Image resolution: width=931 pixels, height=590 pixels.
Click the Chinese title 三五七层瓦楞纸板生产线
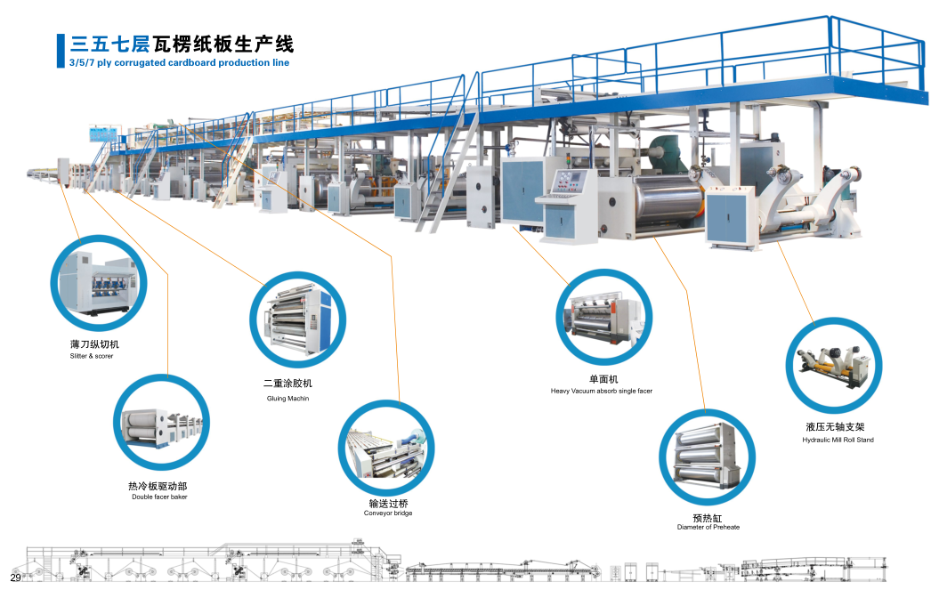click(182, 44)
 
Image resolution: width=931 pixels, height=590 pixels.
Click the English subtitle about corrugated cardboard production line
click(179, 63)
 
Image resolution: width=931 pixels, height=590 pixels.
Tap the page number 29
click(15, 578)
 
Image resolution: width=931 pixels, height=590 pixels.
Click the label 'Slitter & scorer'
click(92, 356)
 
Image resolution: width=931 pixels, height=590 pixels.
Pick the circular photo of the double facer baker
click(160, 422)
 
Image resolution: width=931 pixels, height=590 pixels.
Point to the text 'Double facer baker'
click(159, 497)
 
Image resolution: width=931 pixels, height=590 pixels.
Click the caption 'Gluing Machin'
click(287, 398)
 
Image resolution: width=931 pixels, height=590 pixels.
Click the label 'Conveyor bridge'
click(388, 513)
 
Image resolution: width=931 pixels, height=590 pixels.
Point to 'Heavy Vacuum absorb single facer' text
click(601, 391)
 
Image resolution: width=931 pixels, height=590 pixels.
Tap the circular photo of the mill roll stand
click(833, 367)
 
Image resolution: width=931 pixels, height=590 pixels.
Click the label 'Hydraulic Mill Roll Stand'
click(838, 440)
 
